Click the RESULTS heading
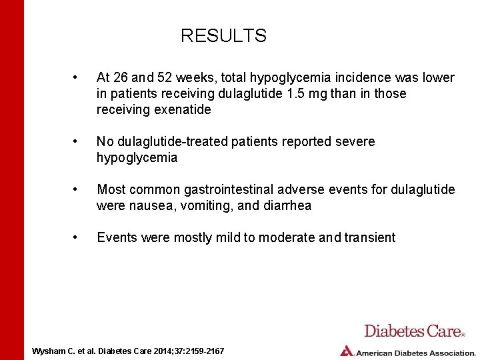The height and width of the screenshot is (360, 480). (x=223, y=36)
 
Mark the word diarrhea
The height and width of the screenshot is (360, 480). (x=286, y=206)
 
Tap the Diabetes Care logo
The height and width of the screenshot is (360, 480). (x=414, y=331)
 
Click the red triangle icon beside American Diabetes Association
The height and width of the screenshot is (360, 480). (x=346, y=351)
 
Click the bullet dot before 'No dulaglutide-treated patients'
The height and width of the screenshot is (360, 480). (x=79, y=142)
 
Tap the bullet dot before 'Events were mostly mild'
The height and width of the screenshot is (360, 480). (x=79, y=238)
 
